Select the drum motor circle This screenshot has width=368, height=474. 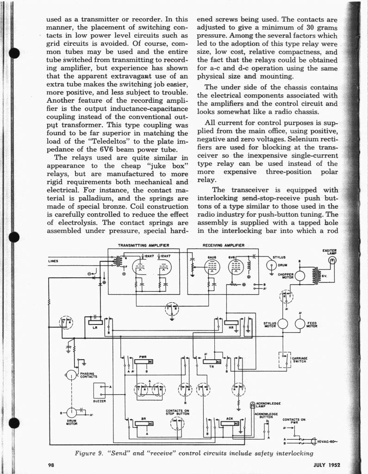[x=72, y=412]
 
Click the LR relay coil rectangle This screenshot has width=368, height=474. [x=95, y=322]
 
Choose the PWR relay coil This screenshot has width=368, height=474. [x=143, y=362]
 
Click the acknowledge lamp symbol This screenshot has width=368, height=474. [x=253, y=405]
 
